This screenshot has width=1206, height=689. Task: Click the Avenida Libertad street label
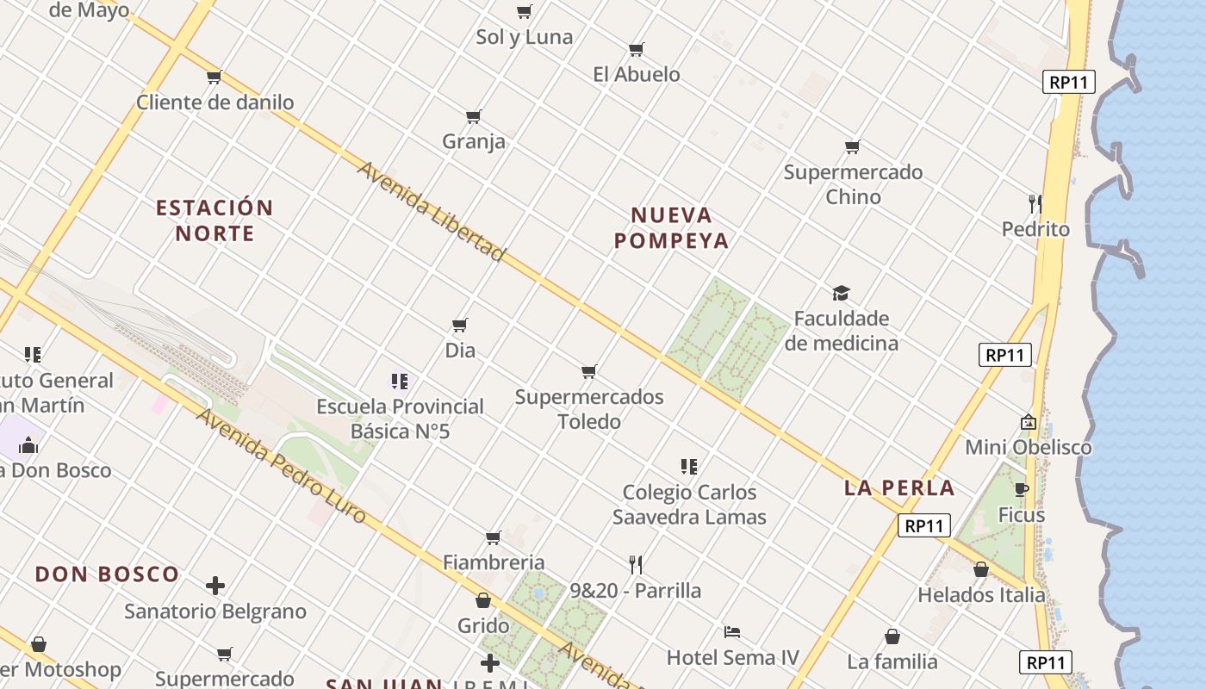(x=431, y=211)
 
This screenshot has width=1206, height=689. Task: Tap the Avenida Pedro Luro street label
(x=281, y=466)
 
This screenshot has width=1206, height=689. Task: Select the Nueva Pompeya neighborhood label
(x=671, y=227)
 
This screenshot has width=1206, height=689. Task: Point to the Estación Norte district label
(x=214, y=220)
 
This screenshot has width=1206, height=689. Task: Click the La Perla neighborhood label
(x=899, y=488)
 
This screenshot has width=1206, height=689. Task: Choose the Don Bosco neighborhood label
(x=108, y=574)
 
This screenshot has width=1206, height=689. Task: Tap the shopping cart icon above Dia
(x=460, y=326)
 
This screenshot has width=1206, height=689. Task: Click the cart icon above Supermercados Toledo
(x=589, y=372)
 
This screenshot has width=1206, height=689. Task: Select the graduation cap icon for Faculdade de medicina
(x=841, y=294)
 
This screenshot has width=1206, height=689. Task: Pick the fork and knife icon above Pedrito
(x=1035, y=204)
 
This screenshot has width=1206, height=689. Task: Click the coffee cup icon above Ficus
(x=1022, y=490)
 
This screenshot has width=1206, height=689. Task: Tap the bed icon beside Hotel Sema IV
(x=732, y=632)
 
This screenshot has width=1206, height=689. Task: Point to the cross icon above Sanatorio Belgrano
(x=215, y=587)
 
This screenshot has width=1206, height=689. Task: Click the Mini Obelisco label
(x=1028, y=447)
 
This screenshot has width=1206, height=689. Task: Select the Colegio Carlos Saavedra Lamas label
(x=689, y=505)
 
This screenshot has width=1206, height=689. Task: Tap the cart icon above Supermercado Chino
(x=853, y=147)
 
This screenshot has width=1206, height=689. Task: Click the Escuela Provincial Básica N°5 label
(x=400, y=419)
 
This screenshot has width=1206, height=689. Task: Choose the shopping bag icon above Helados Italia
(x=981, y=569)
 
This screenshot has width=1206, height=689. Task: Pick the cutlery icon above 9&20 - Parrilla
(x=636, y=565)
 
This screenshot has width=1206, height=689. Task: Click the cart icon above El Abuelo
(x=637, y=49)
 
